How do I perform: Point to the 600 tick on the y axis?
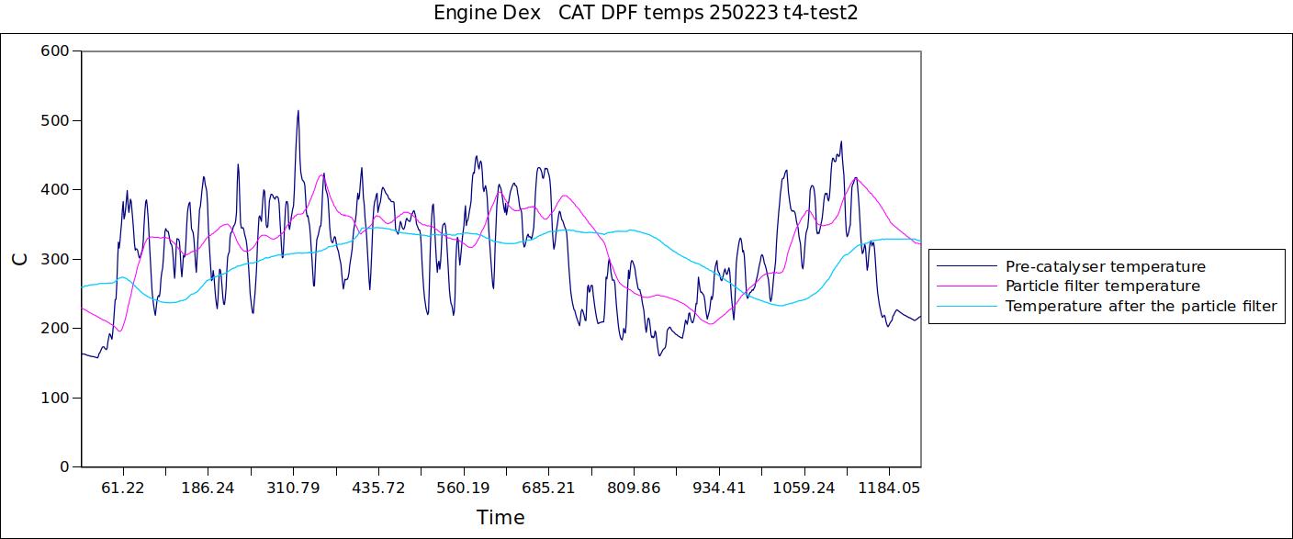[x=55, y=51]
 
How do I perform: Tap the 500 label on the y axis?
[x=55, y=120]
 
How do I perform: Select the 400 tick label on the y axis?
[x=55, y=190]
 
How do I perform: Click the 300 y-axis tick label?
[x=55, y=259]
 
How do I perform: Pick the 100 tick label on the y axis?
[x=55, y=398]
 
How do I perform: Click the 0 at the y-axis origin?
[x=64, y=467]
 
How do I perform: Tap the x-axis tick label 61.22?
[x=122, y=488]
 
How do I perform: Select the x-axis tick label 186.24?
[x=208, y=488]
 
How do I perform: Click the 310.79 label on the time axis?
[x=293, y=488]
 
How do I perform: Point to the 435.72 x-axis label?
[x=378, y=488]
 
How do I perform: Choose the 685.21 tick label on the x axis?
[x=548, y=488]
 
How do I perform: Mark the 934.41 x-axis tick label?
[x=719, y=488]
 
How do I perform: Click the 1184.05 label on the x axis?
[x=889, y=488]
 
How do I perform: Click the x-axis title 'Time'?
[x=500, y=518]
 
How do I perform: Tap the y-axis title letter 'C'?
[x=20, y=259]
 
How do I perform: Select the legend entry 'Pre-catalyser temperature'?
[x=1105, y=267]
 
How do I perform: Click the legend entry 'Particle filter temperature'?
[x=1102, y=286]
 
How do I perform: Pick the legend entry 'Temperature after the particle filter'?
[x=1141, y=307]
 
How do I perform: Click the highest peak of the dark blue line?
[x=298, y=111]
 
